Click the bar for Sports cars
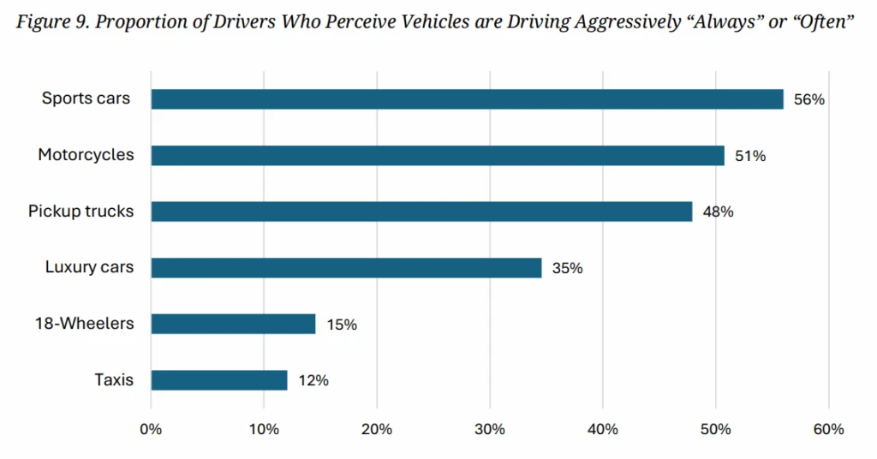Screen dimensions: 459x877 [x=467, y=99]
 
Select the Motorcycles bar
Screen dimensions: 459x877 [x=438, y=155]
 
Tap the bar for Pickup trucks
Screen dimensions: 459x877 [x=421, y=212]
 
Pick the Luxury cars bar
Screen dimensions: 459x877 [x=346, y=268]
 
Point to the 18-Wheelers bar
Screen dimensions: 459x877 [x=233, y=324]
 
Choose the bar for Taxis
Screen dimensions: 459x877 [x=219, y=380]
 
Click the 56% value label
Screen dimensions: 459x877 [x=809, y=99]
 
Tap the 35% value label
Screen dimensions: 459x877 [x=567, y=268]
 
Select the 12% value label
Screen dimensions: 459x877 [x=313, y=380]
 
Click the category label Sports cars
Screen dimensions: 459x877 [x=87, y=98]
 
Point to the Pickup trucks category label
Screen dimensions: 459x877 [x=81, y=211]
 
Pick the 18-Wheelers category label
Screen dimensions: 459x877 [x=85, y=323]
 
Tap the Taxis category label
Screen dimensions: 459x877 [x=114, y=379]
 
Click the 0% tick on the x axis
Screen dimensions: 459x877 [x=151, y=428]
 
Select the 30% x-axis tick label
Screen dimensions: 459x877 [x=490, y=428]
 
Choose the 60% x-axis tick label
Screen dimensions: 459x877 [x=828, y=428]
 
